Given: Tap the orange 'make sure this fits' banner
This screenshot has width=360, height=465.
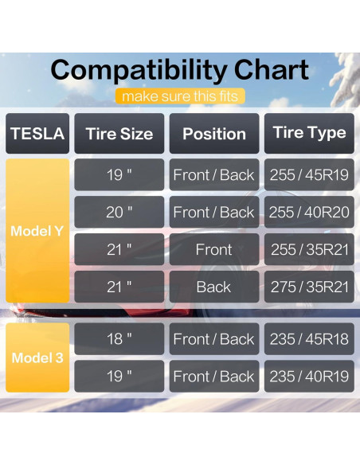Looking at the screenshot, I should click(179, 96).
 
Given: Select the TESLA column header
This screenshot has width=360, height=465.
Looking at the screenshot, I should click(37, 134).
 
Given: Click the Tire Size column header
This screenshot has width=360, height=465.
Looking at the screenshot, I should click(119, 134).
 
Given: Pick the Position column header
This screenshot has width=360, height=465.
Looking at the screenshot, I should click(213, 134).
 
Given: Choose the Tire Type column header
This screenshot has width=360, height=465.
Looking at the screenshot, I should click(309, 133).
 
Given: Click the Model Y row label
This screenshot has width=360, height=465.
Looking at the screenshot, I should click(37, 231).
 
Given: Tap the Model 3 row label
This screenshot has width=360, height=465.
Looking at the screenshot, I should click(37, 358).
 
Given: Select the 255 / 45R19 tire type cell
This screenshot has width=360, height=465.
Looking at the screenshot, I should click(309, 175).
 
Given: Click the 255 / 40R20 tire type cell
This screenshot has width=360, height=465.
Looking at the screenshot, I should click(309, 213).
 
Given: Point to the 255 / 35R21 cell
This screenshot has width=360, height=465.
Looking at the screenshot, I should click(309, 250).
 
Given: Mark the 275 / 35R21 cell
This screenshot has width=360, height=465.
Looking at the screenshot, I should click(309, 287).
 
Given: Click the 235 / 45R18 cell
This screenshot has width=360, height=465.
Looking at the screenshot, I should click(309, 339).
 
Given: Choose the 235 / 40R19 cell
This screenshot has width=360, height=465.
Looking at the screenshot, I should click(309, 377).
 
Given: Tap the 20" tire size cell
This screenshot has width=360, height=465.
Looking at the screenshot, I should click(119, 213).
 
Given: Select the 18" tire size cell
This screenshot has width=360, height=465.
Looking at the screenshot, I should click(119, 339).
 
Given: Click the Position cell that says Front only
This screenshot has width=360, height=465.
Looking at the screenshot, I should click(213, 250).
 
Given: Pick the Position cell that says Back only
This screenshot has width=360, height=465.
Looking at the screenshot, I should click(213, 287).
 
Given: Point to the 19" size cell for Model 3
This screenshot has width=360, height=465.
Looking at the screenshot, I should click(119, 377).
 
